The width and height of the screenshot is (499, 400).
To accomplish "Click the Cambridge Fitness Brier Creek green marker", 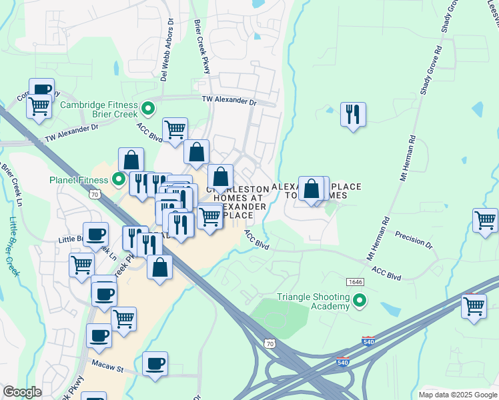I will tap(149, 107).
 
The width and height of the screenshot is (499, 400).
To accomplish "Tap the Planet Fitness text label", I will tap(79, 180).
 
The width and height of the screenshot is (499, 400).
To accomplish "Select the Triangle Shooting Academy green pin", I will tap(360, 301).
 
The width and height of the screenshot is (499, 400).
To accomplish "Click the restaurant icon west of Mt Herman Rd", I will tap(353, 115).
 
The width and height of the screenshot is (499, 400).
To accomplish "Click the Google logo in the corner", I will tap(22, 392).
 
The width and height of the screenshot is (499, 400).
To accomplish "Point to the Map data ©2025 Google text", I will tap(458, 395).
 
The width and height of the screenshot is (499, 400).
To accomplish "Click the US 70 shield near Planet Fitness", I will tap(96, 193).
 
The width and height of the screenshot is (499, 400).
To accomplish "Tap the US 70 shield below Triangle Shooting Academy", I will tap(269, 343).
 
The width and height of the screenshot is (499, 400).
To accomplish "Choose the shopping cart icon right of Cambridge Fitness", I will tap(175, 129).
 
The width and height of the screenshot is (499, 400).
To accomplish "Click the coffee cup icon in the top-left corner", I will tap(41, 90).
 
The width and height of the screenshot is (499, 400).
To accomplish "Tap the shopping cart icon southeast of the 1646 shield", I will tap(473, 306).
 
